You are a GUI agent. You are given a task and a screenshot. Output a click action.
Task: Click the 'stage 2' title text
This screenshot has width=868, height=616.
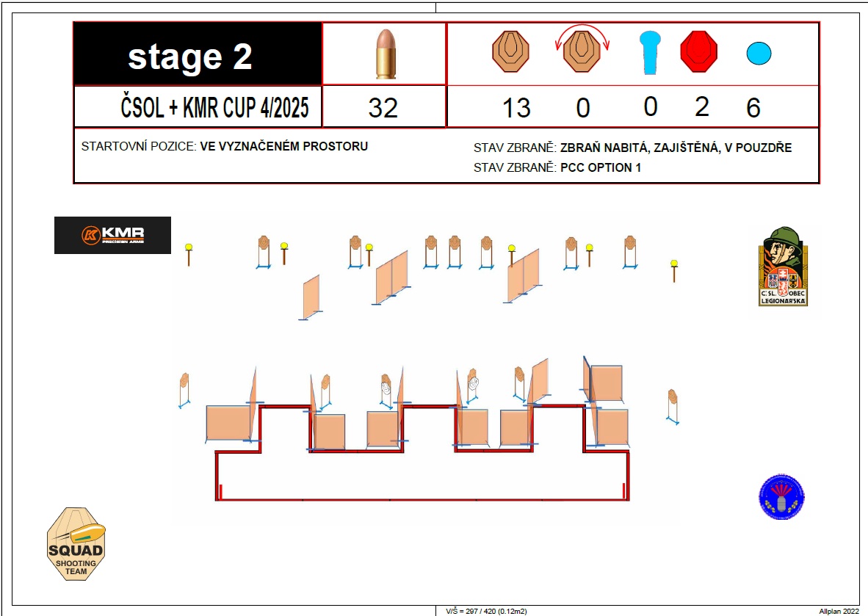[x=190, y=57]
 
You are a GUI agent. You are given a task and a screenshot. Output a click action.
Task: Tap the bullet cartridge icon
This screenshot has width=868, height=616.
[x=386, y=54]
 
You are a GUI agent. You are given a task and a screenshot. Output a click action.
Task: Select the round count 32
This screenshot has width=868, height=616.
[x=383, y=107]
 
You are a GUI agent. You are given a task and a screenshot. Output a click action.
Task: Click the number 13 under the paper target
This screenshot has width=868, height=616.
[x=516, y=107]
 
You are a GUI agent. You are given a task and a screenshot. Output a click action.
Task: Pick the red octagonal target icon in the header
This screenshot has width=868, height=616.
[x=698, y=52]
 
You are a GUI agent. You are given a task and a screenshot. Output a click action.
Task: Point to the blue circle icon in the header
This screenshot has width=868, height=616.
[x=759, y=53]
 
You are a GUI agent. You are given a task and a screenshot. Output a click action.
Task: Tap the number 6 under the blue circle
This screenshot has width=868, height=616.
[x=753, y=107]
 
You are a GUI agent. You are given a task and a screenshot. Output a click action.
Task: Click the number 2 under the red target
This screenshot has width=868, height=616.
[x=702, y=106]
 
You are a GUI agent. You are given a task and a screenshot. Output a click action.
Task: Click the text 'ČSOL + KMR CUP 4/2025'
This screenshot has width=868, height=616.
[x=214, y=106]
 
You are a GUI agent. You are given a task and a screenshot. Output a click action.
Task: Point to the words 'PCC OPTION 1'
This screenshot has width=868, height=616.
[x=601, y=167]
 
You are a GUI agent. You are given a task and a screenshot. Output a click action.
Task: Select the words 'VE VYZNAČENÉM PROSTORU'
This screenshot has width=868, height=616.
[x=284, y=146]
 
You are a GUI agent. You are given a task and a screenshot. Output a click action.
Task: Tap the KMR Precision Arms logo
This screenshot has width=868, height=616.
[x=112, y=235]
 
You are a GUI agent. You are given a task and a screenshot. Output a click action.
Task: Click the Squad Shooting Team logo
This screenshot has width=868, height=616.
[x=76, y=544]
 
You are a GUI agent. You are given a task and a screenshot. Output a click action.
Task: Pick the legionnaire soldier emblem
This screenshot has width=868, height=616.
[x=783, y=267]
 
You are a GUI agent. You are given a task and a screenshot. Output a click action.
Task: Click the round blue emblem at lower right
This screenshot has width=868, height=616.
[x=781, y=496]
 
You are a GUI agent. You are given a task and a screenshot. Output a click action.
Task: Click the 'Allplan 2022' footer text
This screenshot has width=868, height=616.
[x=839, y=611]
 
